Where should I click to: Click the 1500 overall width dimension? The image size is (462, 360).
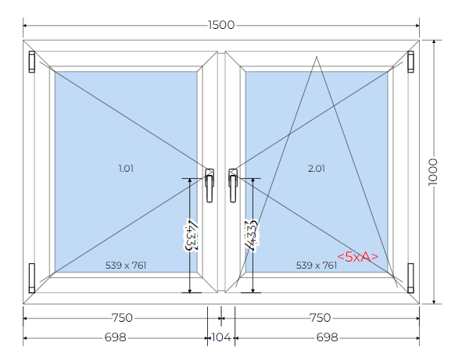(221, 25)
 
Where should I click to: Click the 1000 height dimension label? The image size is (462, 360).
(433, 172)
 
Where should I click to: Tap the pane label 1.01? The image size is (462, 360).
(126, 169)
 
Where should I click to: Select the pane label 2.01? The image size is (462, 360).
(316, 169)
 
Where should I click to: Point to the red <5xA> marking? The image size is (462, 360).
(357, 257)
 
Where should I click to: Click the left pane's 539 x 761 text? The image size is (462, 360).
(126, 266)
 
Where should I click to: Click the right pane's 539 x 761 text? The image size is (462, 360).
(316, 266)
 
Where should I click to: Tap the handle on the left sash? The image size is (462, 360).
(210, 185)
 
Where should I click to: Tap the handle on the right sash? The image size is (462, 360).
(233, 185)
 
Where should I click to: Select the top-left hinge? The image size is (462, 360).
(32, 62)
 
